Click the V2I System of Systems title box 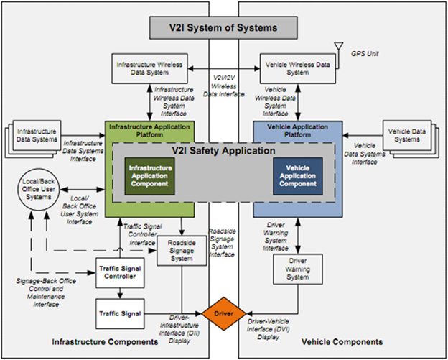coord(223,28)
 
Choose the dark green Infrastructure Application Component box coord(149,175)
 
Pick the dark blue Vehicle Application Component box coord(297,175)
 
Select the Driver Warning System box coord(297,269)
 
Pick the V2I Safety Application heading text coord(223,152)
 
